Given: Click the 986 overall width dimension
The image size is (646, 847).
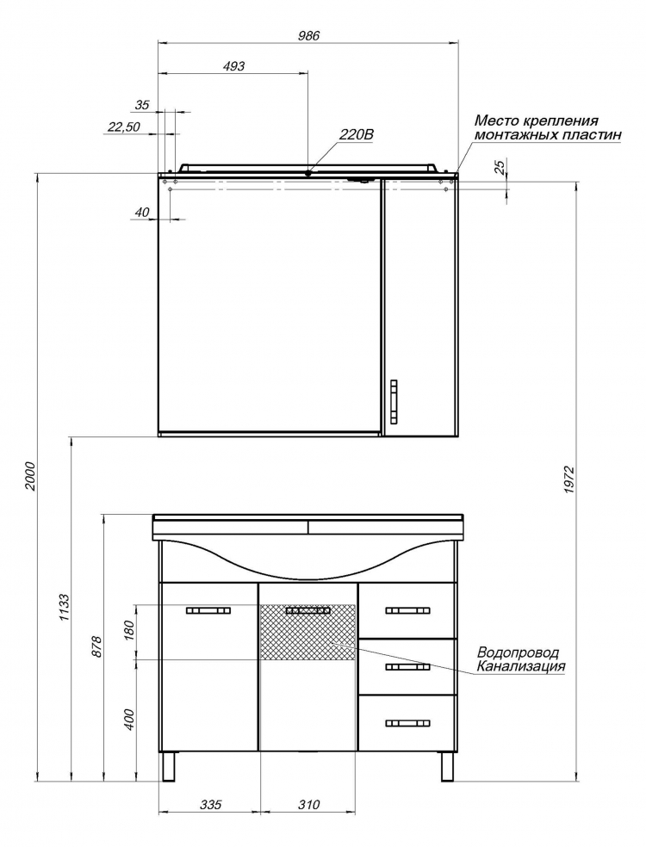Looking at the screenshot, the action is (309, 35).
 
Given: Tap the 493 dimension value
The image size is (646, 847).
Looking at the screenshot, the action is (233, 66).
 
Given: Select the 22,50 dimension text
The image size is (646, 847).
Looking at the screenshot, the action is (124, 127).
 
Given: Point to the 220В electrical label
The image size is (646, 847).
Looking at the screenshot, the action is (356, 134).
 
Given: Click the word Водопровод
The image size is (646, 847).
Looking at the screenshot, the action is (517, 652).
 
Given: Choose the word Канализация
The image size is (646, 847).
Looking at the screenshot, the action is (520, 666).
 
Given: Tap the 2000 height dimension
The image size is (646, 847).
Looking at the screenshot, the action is (30, 476).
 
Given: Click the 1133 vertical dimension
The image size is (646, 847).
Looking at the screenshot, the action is (64, 608).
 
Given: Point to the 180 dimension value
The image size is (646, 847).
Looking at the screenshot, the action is (128, 630).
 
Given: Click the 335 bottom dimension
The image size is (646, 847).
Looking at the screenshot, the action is (210, 804).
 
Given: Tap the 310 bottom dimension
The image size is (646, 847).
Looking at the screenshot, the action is (308, 804).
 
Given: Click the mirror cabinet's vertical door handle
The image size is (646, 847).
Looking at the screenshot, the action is (394, 400).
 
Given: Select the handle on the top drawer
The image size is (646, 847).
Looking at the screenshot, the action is (408, 611).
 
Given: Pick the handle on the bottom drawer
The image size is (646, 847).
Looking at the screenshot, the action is (408, 723).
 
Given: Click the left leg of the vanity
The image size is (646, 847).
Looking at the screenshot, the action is (170, 766).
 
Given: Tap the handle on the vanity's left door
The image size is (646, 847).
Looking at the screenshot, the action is (208, 611).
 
